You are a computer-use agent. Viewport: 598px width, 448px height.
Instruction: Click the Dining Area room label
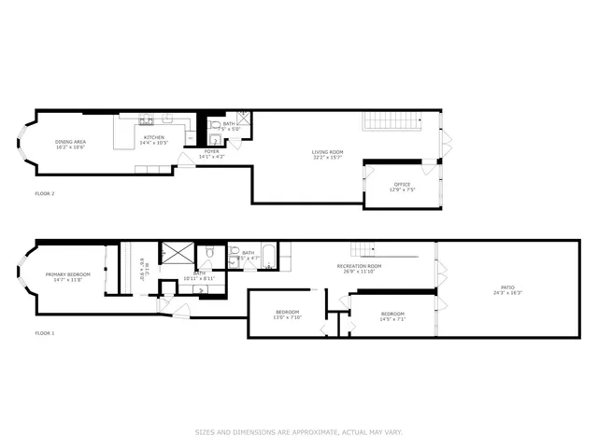point(71,144)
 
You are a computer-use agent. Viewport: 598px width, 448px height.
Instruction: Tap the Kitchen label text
point(154,140)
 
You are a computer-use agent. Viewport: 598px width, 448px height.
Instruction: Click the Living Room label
point(328,154)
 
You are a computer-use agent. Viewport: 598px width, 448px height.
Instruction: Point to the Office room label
point(402,187)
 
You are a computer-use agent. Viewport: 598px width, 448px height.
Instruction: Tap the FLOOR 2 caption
point(45,194)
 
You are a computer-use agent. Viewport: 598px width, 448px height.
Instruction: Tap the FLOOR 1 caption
point(45,333)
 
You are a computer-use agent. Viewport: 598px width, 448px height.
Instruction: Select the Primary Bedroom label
point(64,276)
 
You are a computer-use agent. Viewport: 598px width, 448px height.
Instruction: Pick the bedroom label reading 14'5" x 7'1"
point(392,315)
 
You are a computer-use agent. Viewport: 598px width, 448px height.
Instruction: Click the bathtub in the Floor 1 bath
point(267,256)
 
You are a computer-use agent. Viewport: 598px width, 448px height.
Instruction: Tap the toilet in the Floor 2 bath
point(214,126)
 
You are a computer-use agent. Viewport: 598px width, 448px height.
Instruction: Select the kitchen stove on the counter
point(147,119)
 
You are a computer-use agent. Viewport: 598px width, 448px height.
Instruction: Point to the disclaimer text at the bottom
point(299,432)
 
